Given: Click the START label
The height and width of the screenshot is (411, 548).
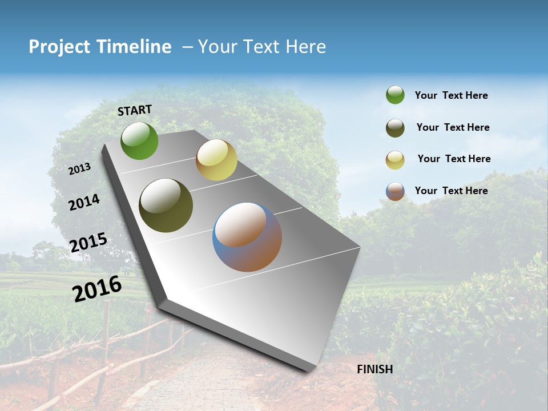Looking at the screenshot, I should point(135,110).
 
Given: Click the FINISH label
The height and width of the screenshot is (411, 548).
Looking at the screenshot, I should point(374,369).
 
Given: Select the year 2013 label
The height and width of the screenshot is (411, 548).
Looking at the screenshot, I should point(79,169).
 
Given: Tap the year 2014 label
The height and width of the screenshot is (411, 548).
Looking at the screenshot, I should point(84,202).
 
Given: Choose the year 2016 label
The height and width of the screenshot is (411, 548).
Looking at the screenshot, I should point(96,288).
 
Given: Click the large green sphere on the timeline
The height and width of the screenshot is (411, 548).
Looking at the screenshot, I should point(139,140).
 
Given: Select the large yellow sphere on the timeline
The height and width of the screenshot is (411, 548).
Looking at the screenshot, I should point(216,160).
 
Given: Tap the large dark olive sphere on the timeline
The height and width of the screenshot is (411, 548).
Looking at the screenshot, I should point(166,205).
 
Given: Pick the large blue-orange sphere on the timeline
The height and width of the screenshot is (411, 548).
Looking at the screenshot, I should point(247,237).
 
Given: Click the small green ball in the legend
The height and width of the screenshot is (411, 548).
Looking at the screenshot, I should point(395,95).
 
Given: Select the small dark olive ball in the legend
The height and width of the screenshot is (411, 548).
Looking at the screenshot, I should point(395,128).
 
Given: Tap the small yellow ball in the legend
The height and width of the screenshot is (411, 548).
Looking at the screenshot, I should point(395,160).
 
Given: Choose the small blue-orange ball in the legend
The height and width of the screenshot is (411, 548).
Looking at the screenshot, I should point(395,191).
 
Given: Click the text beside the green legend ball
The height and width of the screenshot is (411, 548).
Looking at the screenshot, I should point(451,95).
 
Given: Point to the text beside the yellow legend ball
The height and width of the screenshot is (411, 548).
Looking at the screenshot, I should point(454,159).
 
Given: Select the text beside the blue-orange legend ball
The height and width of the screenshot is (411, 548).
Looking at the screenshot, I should point(451,191).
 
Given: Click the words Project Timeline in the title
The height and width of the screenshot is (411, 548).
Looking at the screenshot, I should point(100,47).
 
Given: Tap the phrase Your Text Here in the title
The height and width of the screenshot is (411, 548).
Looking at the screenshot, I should point(262,47).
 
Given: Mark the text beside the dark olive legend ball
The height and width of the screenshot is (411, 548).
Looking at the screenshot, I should point(453,127).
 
